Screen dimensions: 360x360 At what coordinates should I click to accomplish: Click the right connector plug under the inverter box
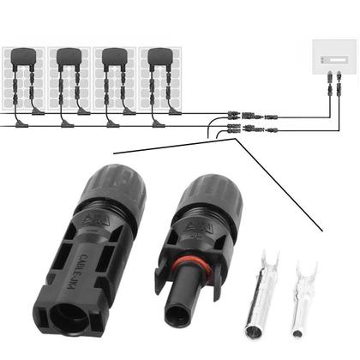pos(340,86)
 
